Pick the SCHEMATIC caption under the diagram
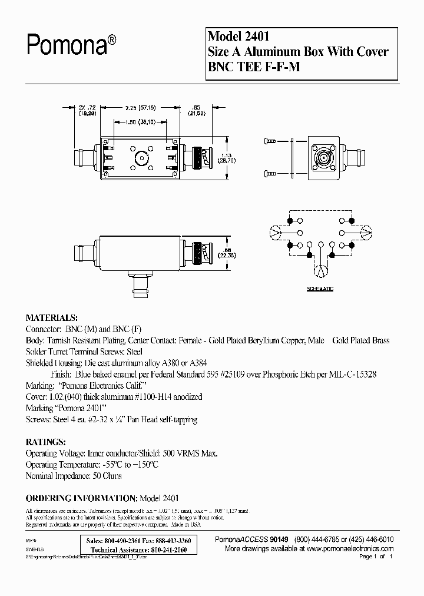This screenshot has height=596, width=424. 319,289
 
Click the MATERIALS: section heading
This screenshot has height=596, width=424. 51,317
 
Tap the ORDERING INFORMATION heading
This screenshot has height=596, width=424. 81,498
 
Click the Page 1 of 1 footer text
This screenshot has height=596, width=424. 375,557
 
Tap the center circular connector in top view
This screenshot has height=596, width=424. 141,158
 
